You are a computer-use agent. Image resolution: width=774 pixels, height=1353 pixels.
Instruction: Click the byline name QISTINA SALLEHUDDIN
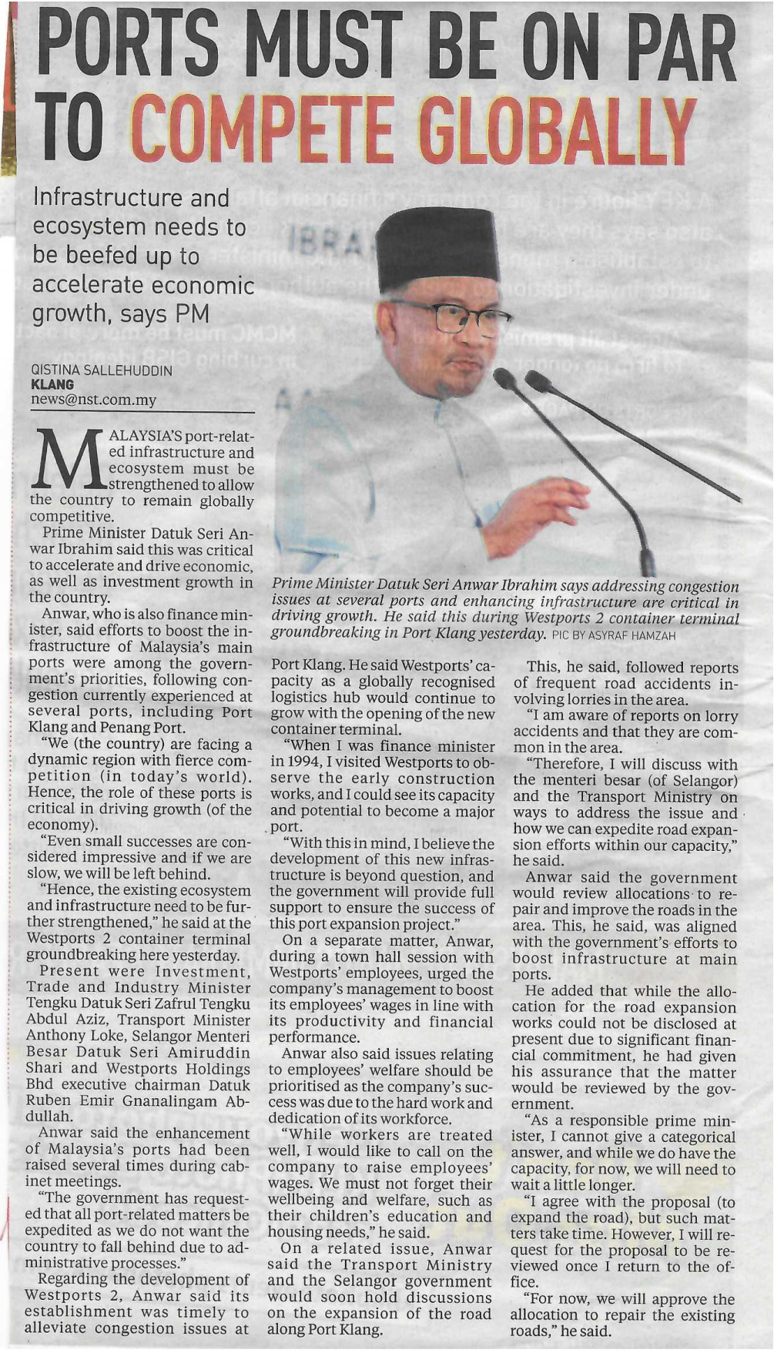[101, 370]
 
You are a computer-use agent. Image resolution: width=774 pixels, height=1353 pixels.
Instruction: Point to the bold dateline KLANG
[52, 384]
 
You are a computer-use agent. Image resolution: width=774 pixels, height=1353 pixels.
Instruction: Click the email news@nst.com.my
[93, 400]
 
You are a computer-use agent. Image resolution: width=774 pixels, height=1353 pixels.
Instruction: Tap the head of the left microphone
[504, 378]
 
